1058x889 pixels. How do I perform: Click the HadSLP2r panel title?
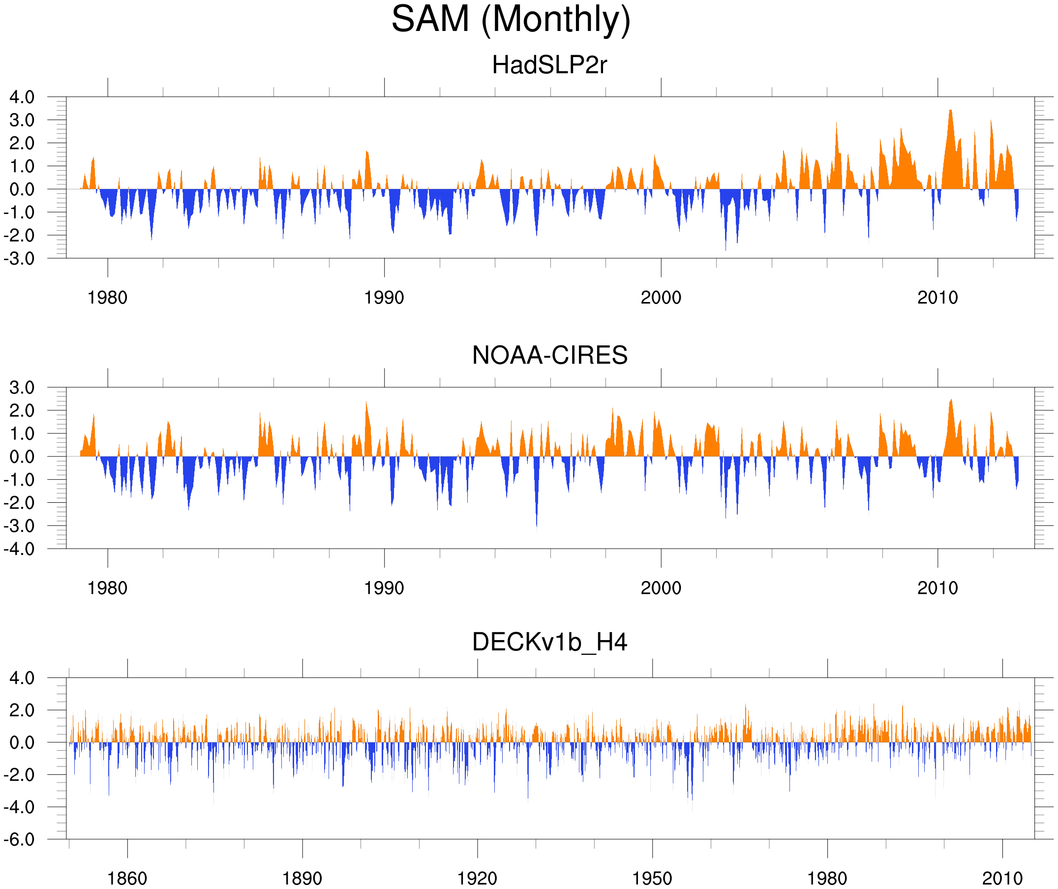click(x=549, y=65)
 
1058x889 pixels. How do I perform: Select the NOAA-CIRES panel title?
click(x=549, y=355)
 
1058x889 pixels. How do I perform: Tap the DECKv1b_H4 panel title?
click(x=549, y=642)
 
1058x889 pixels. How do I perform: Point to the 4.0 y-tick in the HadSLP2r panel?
click(x=22, y=97)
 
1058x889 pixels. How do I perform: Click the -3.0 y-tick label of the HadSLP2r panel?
click(x=19, y=259)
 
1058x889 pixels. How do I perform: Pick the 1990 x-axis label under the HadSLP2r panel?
click(x=384, y=298)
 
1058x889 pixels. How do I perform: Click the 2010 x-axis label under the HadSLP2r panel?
click(x=937, y=298)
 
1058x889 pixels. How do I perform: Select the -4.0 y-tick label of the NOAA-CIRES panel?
click(x=19, y=549)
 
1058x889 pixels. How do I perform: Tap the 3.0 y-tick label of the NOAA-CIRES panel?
click(x=22, y=388)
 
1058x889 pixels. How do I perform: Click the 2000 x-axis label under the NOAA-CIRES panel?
click(x=661, y=588)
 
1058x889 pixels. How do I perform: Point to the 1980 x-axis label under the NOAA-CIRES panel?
click(x=107, y=588)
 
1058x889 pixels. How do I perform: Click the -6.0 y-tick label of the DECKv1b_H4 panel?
click(x=19, y=840)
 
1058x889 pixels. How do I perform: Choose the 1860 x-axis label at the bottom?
click(x=127, y=878)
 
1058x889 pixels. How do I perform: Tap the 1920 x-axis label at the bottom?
click(x=477, y=878)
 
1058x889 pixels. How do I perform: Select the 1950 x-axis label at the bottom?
click(x=652, y=878)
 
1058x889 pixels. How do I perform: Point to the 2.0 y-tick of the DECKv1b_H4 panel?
click(x=22, y=710)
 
